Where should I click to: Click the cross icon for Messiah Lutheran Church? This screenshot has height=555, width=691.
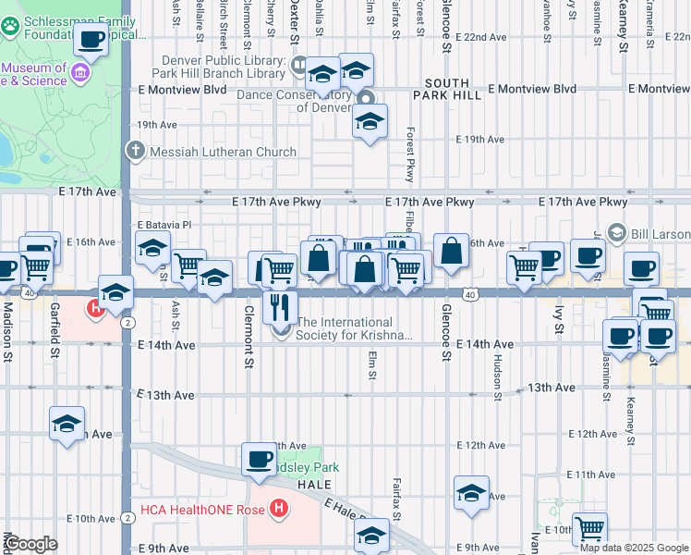coord(136,151)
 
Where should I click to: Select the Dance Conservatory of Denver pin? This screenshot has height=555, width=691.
coord(366,100)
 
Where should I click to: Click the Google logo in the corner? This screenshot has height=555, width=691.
coord(30,544)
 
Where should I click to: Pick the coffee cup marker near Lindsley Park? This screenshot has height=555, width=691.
coord(259,459)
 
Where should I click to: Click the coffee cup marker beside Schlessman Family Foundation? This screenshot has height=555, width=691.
coord(91,40)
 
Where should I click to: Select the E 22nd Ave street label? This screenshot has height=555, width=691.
coord(484,37)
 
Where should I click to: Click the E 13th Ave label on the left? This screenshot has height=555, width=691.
coord(165,395)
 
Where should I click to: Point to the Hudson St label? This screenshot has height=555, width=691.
coord(497,378)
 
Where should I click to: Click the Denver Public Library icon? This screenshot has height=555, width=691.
coord(299,65)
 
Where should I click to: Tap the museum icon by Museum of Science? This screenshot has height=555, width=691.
coord(80,73)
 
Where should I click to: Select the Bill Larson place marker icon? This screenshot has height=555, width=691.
coord(617,232)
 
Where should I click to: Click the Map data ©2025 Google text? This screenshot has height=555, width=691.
coord(634,547)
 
